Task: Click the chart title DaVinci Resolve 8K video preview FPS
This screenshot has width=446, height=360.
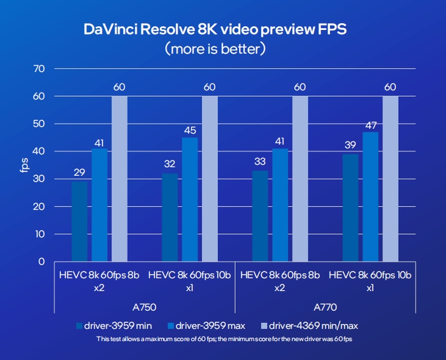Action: pyautogui.click(x=222, y=29)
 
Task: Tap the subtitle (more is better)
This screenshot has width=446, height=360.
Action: pyautogui.click(x=223, y=48)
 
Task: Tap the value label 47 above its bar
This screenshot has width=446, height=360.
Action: pyautogui.click(x=370, y=126)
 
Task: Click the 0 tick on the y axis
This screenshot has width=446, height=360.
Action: pyautogui.click(x=41, y=261)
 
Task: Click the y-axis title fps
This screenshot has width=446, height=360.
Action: pyautogui.click(x=24, y=166)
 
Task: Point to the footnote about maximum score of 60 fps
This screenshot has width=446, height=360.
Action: pyautogui.click(x=222, y=338)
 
